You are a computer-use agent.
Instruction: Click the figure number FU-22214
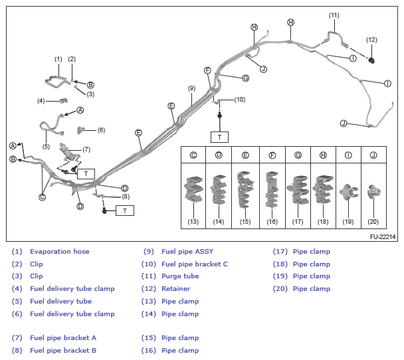[383, 236]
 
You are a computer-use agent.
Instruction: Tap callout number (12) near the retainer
[371, 39]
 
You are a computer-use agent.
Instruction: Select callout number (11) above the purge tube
[334, 15]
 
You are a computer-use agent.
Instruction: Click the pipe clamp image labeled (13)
[193, 191]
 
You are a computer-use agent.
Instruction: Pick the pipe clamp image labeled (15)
[245, 191]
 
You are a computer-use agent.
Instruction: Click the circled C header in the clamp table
[193, 155]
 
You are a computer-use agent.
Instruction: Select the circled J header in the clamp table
[373, 155]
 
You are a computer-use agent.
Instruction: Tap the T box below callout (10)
[219, 137]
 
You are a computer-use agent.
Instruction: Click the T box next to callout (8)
[125, 211]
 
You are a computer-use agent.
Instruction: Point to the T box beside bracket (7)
[86, 173]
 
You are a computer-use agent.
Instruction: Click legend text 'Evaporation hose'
[59, 252]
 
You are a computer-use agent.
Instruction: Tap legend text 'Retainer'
[175, 289]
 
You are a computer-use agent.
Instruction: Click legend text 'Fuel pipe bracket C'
[195, 264]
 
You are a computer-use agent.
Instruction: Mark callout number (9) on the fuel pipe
[191, 88]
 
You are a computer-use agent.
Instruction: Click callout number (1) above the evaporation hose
[58, 59]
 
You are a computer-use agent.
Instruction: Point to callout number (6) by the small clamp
[101, 130]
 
